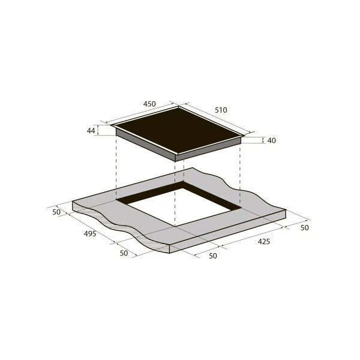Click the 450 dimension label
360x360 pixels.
coord(149,104)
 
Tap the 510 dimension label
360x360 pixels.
coord(221,110)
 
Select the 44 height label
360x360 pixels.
coord(91,131)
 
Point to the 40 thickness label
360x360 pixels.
coord(272,140)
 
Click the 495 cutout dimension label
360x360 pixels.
coord(90,234)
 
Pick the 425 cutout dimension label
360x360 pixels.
coord(264,242)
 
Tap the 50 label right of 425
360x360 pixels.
coord(305,228)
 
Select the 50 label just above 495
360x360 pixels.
coord(56,212)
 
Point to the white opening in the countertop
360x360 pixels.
coord(184,206)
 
